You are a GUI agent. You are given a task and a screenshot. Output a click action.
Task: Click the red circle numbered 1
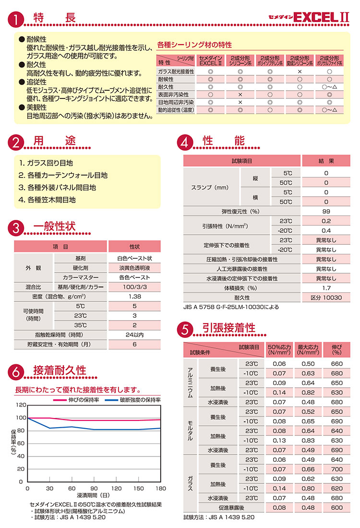pyautogui.click(x=16, y=20)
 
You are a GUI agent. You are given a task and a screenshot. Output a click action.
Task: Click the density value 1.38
pyautogui.click(x=134, y=297)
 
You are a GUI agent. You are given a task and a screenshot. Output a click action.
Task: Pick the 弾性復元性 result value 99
pyautogui.click(x=326, y=212)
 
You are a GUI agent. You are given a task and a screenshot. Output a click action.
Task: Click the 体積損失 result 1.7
pyautogui.click(x=326, y=288)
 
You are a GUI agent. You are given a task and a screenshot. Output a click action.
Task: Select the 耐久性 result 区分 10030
pyautogui.click(x=326, y=298)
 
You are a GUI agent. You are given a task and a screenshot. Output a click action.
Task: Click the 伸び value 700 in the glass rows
pyautogui.click(x=337, y=469)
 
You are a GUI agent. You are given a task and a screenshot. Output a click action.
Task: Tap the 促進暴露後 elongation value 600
pyautogui.click(x=337, y=507)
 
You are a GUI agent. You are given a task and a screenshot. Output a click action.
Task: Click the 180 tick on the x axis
pyautogui.click(x=160, y=488)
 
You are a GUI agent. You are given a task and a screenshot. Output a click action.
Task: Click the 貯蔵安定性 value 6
pyautogui.click(x=134, y=344)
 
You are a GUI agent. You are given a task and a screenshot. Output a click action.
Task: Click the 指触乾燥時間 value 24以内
pyautogui.click(x=134, y=335)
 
